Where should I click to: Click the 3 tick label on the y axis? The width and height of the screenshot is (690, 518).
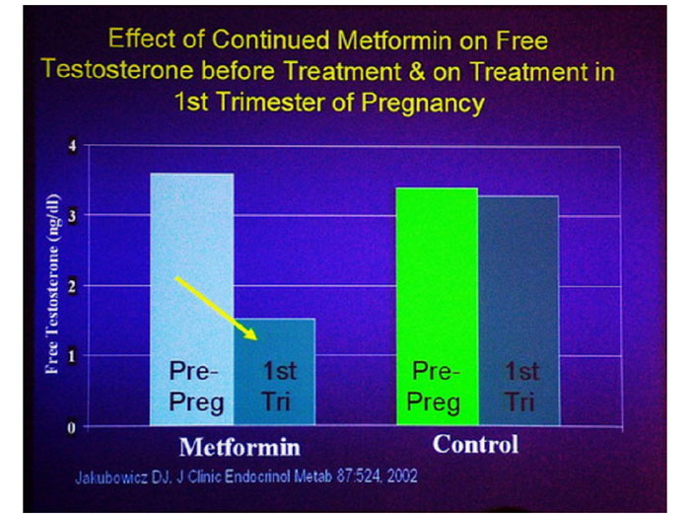point(70,215)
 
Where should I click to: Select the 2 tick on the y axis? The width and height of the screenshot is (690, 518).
point(70,285)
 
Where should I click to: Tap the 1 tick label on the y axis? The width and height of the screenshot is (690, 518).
point(70,355)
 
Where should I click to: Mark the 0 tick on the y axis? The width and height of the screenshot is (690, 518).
point(70,426)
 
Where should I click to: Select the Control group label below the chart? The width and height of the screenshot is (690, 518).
point(475,444)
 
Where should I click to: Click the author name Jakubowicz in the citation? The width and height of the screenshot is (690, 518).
point(111,477)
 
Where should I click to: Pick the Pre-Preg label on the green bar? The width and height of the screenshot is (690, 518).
point(436,387)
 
